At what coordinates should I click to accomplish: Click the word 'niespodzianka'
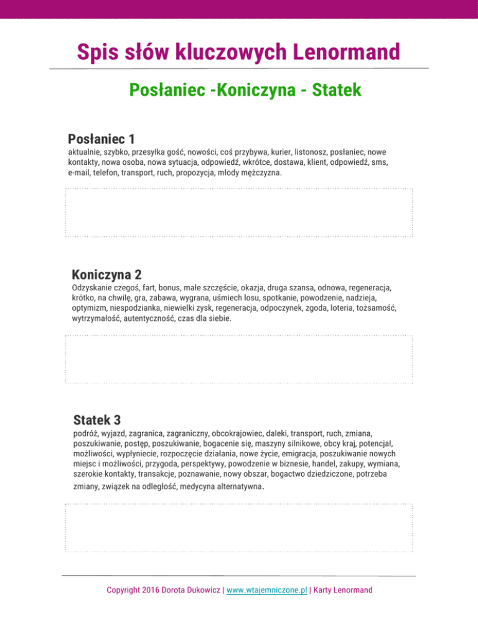(137, 308)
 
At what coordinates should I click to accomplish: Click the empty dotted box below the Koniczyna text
(238, 360)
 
